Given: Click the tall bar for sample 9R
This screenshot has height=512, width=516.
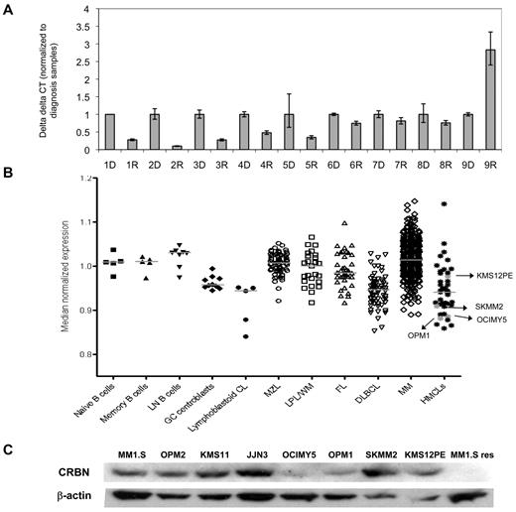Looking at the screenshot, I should [489, 99].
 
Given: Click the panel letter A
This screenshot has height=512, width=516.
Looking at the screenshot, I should [9, 9].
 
